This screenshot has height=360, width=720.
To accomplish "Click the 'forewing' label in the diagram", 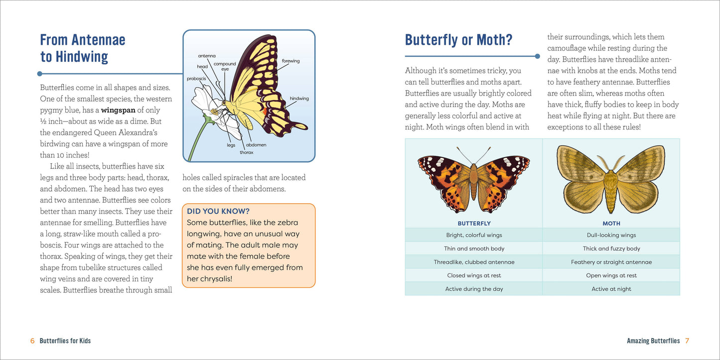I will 290,61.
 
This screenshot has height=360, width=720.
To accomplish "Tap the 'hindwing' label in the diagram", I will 299,99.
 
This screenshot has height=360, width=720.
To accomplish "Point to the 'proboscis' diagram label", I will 196,79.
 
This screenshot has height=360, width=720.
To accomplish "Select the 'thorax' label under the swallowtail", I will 246,152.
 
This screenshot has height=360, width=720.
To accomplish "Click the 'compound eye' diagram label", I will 225,66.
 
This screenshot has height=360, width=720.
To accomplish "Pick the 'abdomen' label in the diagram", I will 256,145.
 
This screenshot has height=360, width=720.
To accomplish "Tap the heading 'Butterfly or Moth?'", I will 458,40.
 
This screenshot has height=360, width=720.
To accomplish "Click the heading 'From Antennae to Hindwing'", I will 83,48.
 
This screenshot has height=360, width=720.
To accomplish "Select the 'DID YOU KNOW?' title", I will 218,212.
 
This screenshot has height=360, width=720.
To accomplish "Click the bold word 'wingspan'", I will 118,110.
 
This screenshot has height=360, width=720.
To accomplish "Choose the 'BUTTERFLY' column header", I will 474,224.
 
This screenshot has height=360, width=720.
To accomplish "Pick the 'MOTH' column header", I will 611,224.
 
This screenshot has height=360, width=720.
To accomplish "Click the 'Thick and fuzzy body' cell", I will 611,248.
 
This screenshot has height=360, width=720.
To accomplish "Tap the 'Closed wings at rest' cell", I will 474,275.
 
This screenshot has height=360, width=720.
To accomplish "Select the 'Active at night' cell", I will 611,289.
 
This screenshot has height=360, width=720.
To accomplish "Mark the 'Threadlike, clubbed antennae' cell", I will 474,262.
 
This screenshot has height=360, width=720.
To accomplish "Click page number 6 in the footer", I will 32,341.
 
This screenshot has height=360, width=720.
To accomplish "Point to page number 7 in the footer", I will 687,341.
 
